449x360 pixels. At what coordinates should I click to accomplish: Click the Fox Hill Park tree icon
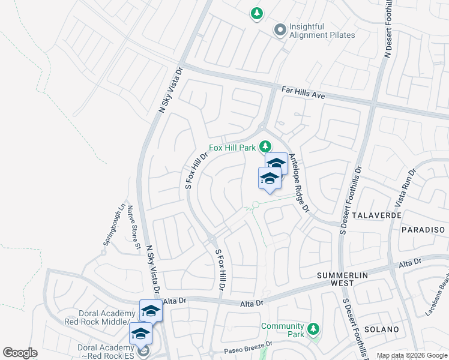tap(265, 146)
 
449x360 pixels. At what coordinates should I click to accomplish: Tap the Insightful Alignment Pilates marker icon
tap(279, 29)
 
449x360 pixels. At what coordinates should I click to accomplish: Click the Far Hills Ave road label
tap(303, 93)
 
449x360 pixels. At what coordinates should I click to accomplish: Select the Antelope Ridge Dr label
tap(298, 183)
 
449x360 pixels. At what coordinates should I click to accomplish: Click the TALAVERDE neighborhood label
tap(376, 214)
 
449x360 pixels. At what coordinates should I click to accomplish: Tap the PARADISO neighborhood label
tap(424, 230)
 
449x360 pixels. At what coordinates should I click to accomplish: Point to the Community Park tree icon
tap(312, 329)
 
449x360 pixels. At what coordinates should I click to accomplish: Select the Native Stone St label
tap(133, 227)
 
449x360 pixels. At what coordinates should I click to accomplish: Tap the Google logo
tap(20, 353)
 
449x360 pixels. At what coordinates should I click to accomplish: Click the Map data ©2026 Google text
tap(411, 355)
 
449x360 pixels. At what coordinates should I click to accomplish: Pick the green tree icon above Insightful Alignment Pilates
tap(257, 13)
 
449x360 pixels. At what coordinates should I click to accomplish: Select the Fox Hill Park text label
tap(232, 148)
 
